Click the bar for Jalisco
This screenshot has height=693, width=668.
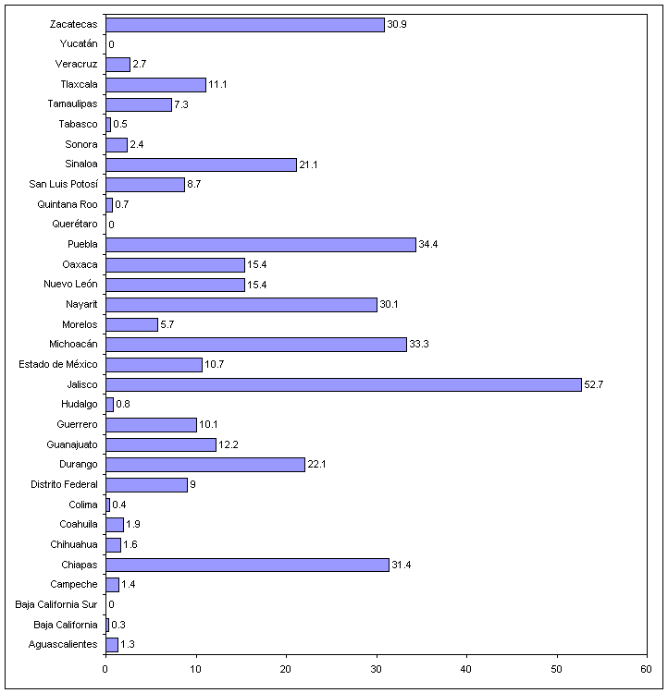343,384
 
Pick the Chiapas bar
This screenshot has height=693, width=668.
247,565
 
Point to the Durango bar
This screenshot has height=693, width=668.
204,464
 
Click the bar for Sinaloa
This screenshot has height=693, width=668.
201,164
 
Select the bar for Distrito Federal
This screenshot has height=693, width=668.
146,484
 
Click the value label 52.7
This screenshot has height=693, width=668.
594,384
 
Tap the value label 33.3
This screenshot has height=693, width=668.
419,345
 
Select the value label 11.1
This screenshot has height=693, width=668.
218,85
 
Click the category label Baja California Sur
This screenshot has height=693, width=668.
56,604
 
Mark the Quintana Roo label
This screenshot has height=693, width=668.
68,204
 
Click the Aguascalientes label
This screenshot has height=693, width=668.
63,644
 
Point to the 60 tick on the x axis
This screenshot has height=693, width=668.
646,667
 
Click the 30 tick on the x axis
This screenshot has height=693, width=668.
376,667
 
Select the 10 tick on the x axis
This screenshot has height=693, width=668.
195,667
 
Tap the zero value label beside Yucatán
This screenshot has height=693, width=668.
111,44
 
